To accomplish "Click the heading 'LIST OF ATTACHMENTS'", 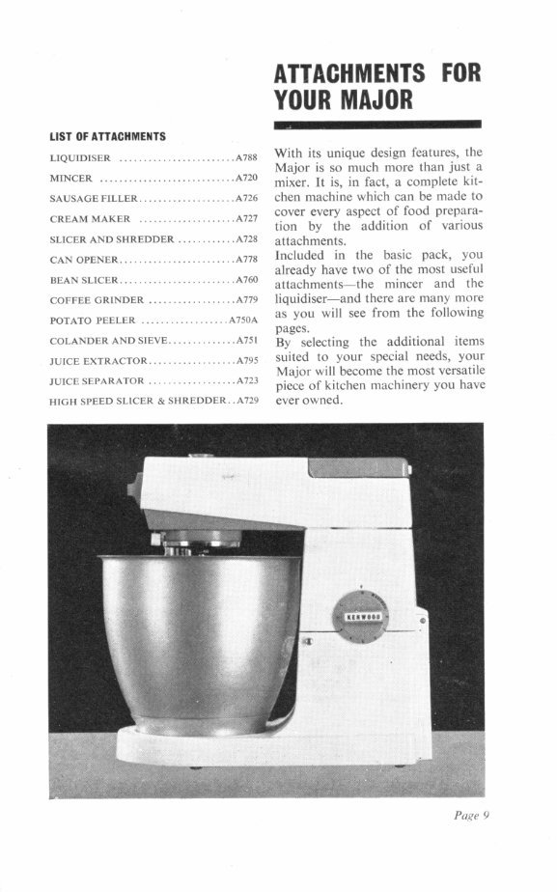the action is coord(107,136).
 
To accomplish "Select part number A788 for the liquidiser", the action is coord(246,156).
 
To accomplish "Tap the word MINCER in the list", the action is coord(70,179).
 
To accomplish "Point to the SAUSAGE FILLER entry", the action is coord(94,199).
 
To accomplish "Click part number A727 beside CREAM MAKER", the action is coord(246,219).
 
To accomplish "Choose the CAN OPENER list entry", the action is coord(83,260).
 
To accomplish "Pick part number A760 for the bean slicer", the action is coord(246,280).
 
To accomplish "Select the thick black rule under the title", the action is coord(377,125).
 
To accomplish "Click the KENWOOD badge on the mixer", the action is coord(362,616).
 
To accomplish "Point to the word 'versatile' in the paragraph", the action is coord(457,371).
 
